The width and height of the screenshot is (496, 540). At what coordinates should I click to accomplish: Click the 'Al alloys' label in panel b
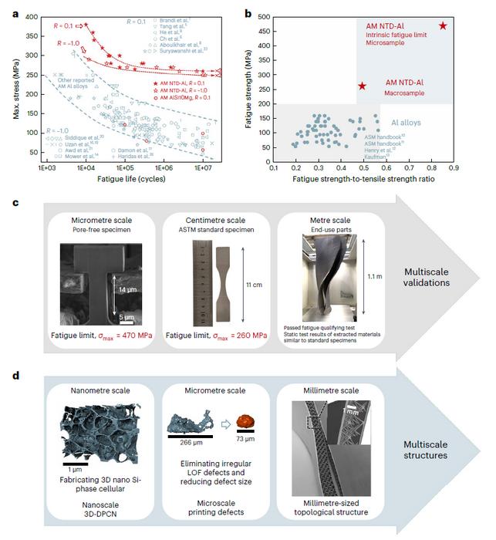click(x=406, y=123)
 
